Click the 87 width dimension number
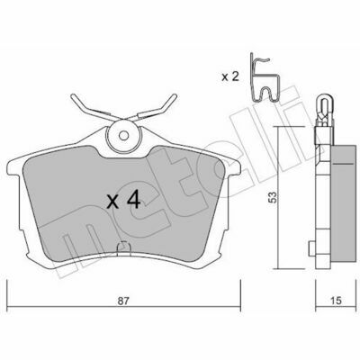coord(122,301)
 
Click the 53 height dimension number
coord(273,197)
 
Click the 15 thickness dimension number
coord(337,301)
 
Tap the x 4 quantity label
coord(124,201)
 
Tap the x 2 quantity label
coord(230,77)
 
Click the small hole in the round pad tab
coord(123,136)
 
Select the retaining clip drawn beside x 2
coord(265,78)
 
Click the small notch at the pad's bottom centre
coord(123,247)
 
